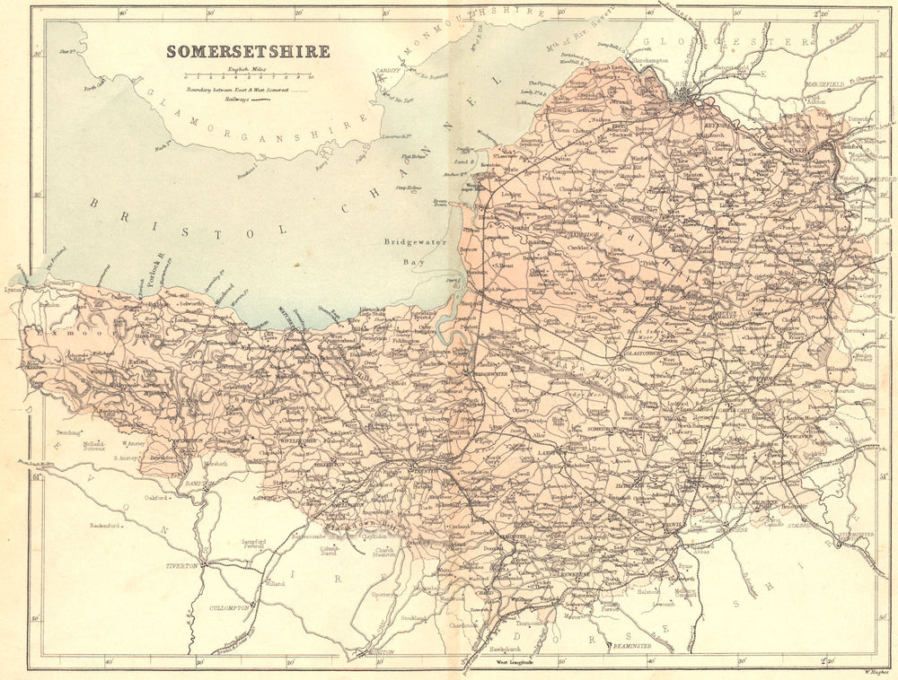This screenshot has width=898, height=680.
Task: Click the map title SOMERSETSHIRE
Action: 248,51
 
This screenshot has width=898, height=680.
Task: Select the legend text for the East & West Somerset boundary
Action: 241,90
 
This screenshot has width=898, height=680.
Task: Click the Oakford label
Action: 156,498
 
